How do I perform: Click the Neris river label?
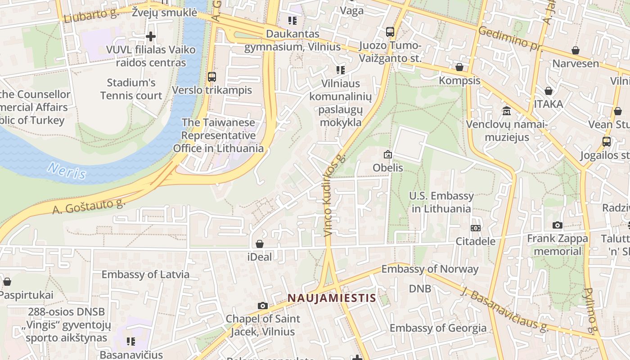[67, 171]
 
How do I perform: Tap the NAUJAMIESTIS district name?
[332, 298]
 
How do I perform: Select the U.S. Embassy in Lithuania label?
[441, 202]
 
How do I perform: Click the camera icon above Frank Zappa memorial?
[558, 225]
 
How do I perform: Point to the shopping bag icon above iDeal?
[260, 244]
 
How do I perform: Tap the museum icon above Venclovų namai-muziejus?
[507, 111]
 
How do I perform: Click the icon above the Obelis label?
[387, 155]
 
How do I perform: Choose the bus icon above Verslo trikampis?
[212, 77]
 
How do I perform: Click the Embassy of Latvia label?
[145, 274]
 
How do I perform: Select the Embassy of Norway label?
[430, 269]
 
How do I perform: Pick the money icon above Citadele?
[476, 228]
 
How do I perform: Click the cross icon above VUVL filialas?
[151, 36]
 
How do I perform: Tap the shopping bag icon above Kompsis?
[459, 67]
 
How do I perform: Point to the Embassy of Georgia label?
[438, 328]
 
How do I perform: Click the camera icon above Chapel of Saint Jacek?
[263, 306]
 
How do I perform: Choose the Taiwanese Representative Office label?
[218, 135]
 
